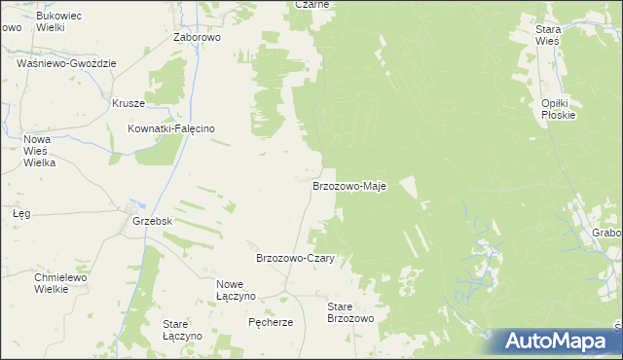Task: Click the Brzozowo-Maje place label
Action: point(349,185)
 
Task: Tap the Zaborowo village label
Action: point(198,37)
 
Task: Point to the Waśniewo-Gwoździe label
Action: point(66,63)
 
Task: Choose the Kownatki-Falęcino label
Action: point(171,128)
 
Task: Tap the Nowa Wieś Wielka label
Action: point(40,151)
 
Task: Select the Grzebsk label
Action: point(152,221)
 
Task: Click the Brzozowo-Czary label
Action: point(295,258)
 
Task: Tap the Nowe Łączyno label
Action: point(236,289)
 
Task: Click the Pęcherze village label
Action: point(271,322)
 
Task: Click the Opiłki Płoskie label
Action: point(559,108)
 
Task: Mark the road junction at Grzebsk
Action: point(128,209)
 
